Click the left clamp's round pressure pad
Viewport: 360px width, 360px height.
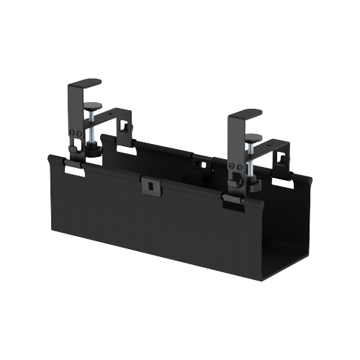point(92,107)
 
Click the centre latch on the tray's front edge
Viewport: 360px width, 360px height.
point(150,184)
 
